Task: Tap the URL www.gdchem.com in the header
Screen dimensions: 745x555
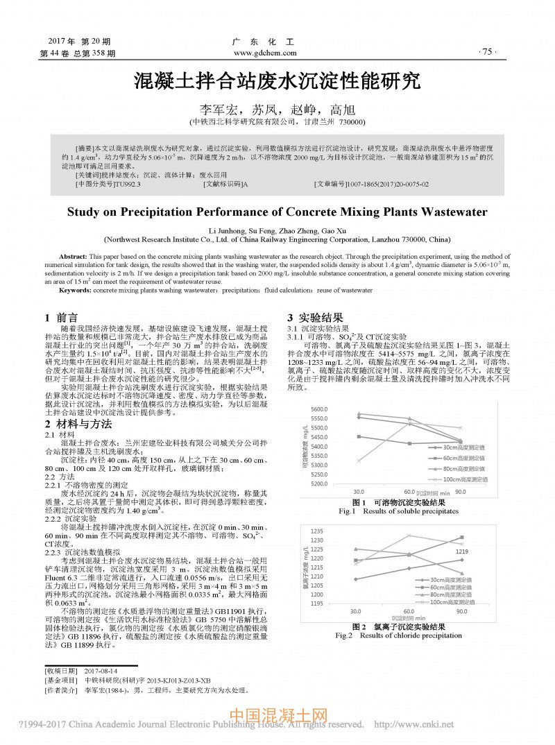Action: [x=266, y=53]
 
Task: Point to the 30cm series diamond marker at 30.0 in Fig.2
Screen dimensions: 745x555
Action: [x=355, y=579]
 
